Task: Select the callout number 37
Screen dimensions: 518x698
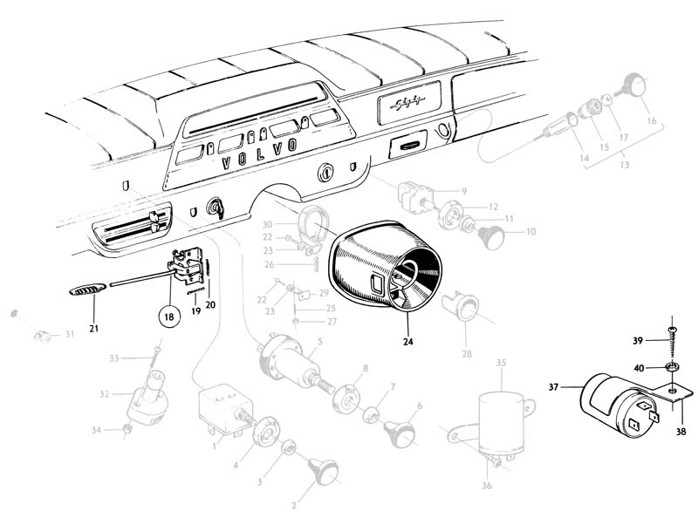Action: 554,387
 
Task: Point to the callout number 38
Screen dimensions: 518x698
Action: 681,430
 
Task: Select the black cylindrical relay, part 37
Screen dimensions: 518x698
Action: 611,398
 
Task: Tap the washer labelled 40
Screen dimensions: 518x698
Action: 673,365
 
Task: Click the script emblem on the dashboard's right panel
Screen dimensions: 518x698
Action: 410,109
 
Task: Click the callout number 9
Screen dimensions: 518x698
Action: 465,191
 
